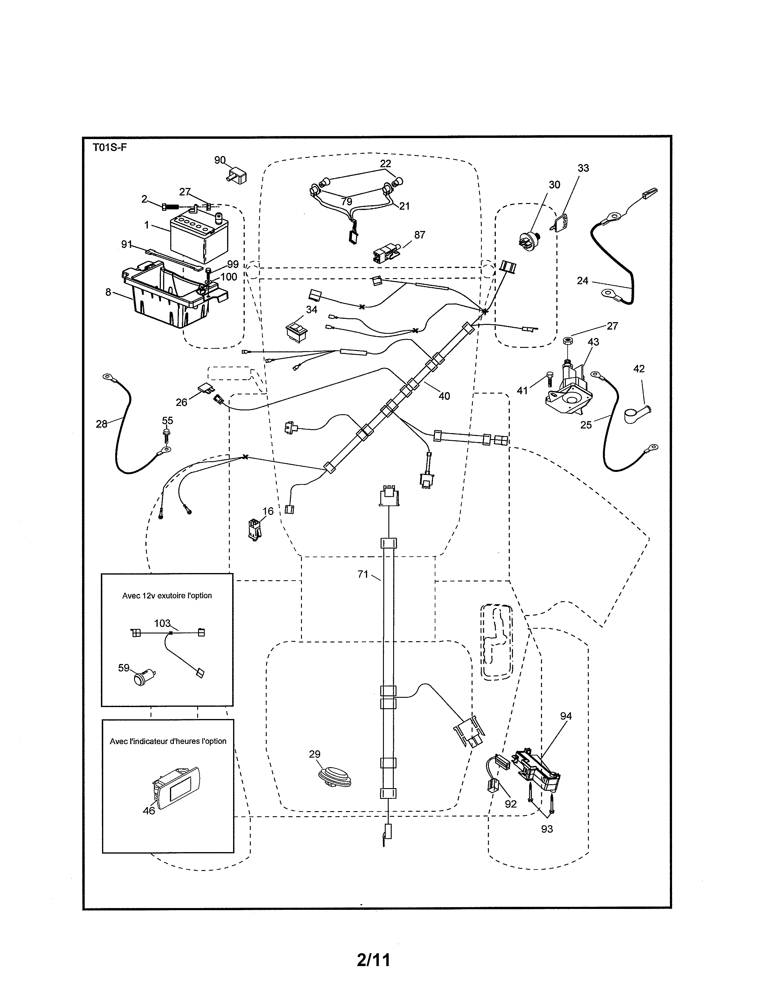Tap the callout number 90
coord(220,160)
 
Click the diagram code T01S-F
coord(110,148)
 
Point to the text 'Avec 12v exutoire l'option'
coord(167,595)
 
